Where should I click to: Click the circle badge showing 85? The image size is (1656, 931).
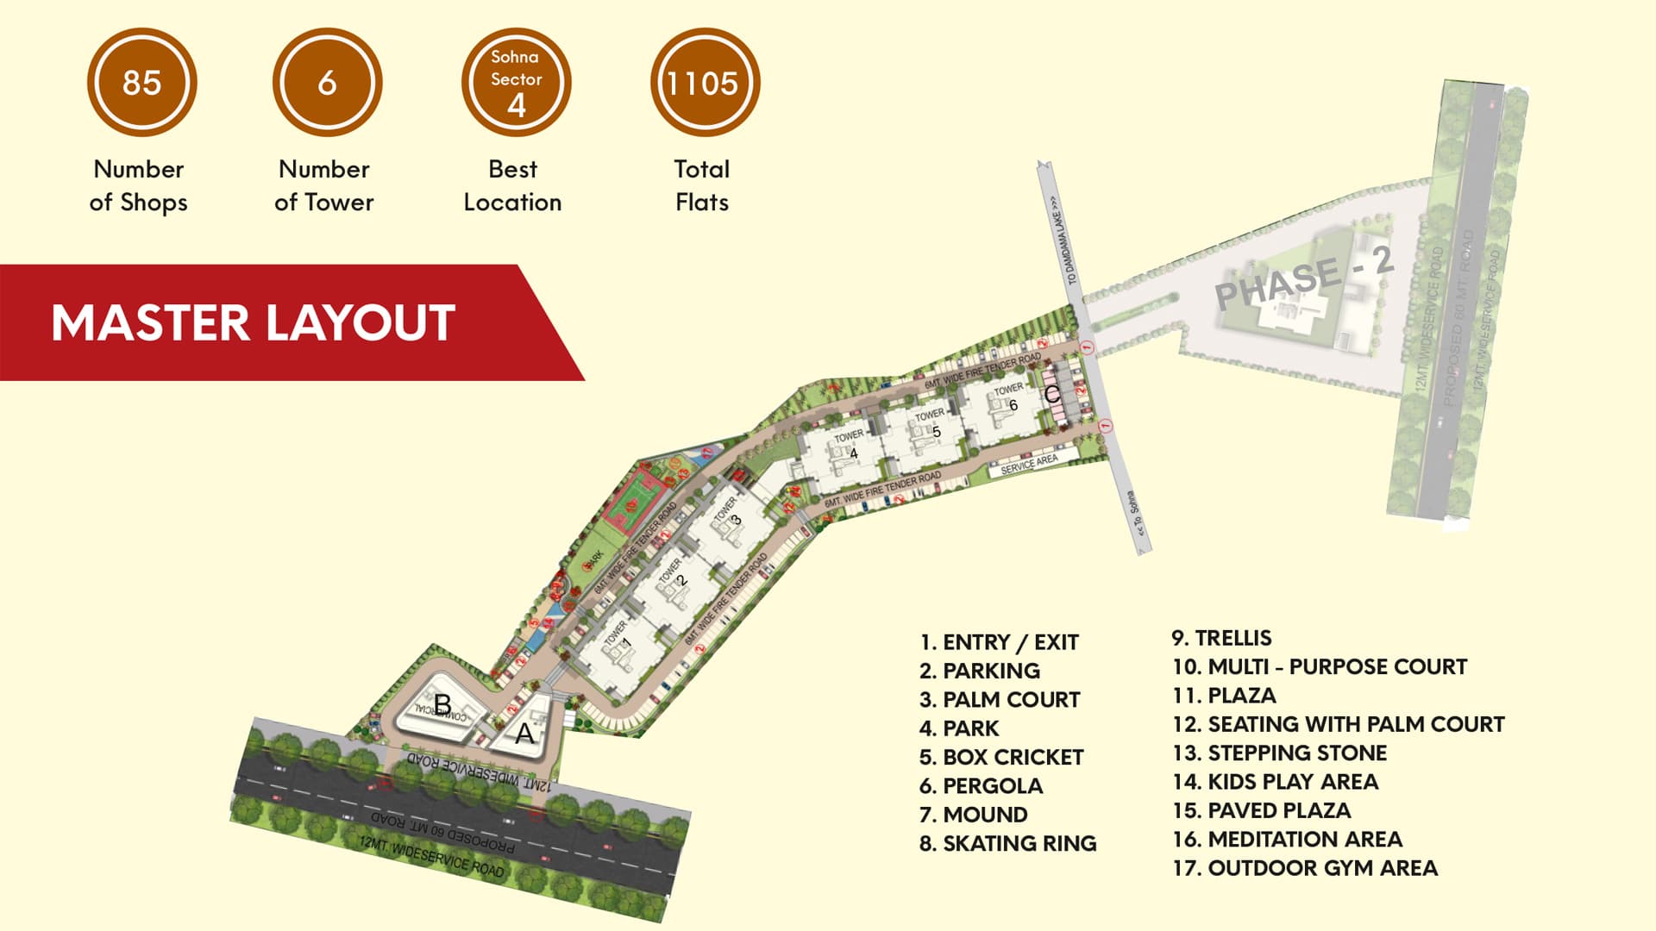141,83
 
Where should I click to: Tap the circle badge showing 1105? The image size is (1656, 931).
704,83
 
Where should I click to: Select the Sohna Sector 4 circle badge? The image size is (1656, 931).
516,83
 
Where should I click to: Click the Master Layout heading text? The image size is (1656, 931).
253,323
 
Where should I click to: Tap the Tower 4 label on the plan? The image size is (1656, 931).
849,443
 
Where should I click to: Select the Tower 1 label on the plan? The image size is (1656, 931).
618,636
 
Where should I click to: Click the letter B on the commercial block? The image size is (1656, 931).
442,704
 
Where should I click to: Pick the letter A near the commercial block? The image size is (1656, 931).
524,734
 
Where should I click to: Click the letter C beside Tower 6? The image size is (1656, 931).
1051,394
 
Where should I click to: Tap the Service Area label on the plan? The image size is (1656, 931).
1029,465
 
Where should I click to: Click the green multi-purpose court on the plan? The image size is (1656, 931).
637,497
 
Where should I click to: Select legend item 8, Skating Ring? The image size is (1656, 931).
1007,843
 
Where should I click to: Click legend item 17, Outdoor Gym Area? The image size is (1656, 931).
1304,868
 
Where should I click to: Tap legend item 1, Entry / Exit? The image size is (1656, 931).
999,642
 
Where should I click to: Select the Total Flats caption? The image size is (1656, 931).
702,185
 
